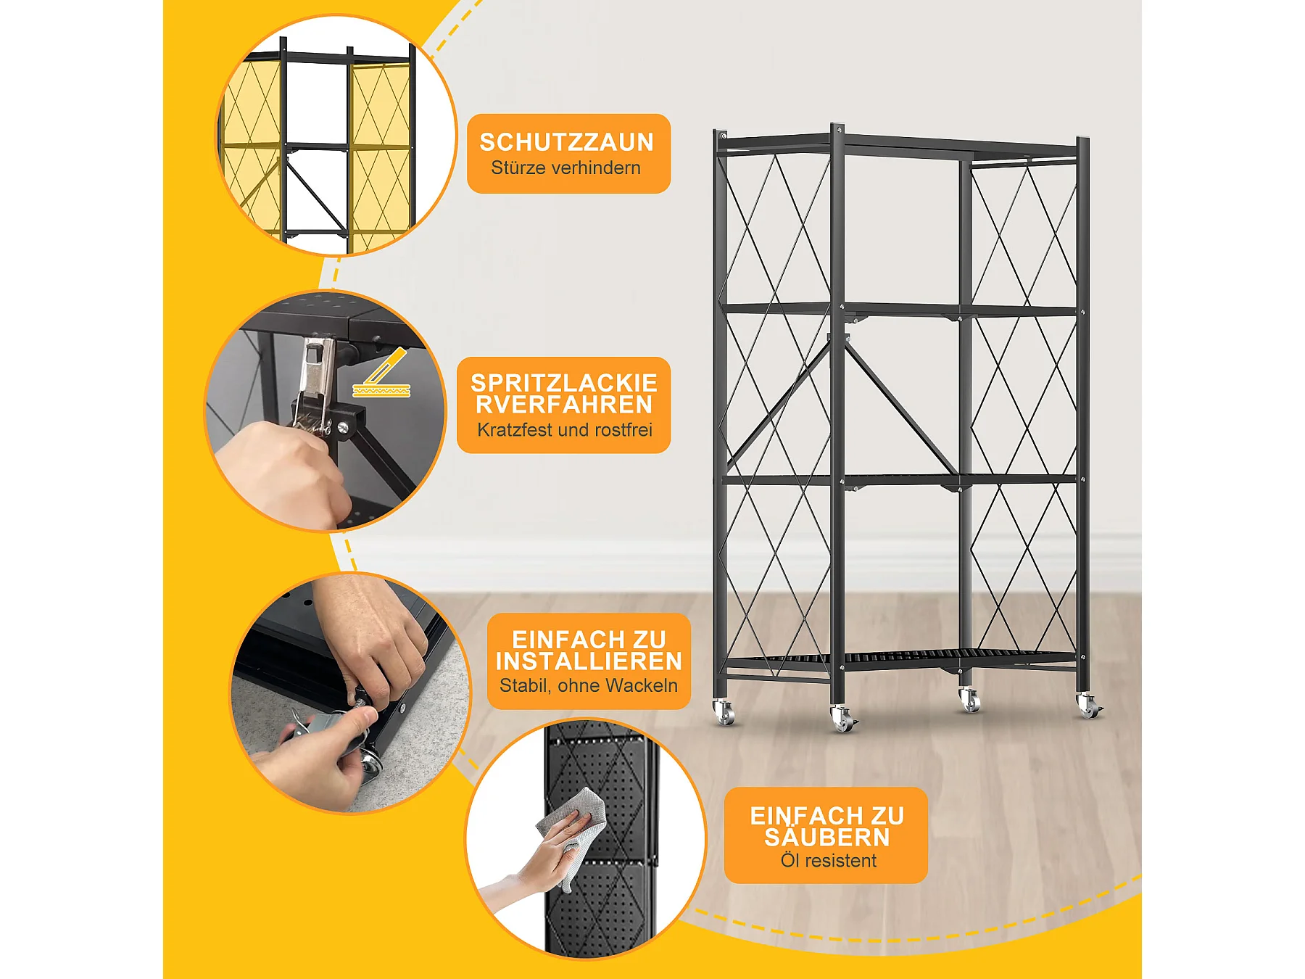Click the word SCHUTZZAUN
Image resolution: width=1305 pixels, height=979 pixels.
click(x=566, y=142)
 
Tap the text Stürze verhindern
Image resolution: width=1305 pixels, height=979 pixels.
click(x=565, y=168)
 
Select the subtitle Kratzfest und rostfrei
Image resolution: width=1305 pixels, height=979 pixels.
click(x=564, y=429)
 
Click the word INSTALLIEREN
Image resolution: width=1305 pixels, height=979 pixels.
click(x=589, y=661)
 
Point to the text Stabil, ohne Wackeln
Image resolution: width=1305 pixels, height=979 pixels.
click(x=589, y=685)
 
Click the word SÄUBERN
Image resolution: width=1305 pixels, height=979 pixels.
click(x=826, y=837)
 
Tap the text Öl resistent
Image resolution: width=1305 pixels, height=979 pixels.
click(x=828, y=860)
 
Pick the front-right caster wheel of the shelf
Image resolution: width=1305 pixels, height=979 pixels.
click(x=1088, y=706)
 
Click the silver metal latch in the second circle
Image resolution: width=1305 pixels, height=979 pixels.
click(x=318, y=384)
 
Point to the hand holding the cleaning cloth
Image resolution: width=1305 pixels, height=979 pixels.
click(x=536, y=863)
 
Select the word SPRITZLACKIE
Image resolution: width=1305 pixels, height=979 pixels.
click(x=564, y=383)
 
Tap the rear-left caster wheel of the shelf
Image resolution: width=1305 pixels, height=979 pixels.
click(x=724, y=711)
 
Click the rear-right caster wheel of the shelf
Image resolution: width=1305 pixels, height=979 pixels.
click(x=969, y=701)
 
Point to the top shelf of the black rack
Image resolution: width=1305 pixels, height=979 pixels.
click(x=899, y=145)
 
